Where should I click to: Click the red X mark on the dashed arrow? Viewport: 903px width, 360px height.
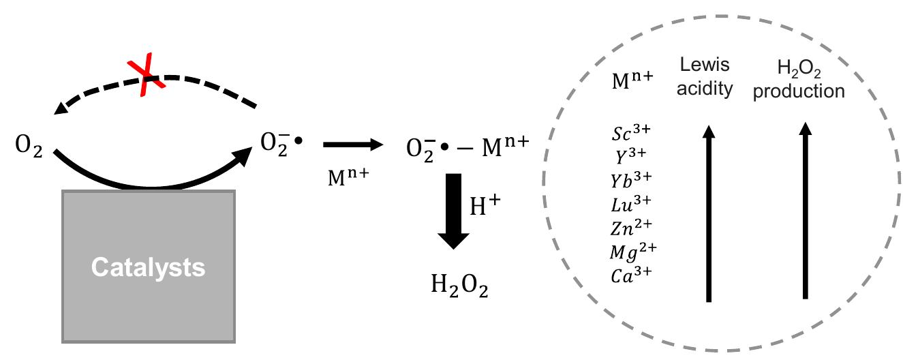(x=146, y=75)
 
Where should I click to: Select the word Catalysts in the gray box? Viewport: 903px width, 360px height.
(x=149, y=268)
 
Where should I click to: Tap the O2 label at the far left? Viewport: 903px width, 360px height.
(x=29, y=145)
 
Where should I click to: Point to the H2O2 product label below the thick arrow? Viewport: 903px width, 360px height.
(x=459, y=285)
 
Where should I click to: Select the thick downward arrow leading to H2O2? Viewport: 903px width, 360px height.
(x=453, y=211)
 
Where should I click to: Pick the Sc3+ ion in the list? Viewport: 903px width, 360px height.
(x=631, y=133)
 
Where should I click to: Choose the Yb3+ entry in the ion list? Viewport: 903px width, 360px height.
(x=631, y=180)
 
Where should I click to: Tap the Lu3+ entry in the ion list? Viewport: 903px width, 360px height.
(x=631, y=204)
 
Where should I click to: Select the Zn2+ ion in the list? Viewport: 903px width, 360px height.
(x=631, y=227)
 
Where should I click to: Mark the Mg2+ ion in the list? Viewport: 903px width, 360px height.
(x=633, y=252)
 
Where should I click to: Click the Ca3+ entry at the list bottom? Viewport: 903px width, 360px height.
(x=631, y=275)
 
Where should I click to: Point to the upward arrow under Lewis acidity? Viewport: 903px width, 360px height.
(x=709, y=213)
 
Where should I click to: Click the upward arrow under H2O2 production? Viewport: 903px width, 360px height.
(x=806, y=211)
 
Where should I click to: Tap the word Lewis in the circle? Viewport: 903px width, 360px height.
(x=705, y=65)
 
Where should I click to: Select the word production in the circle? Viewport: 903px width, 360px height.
(x=799, y=91)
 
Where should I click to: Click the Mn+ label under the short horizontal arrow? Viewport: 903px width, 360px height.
(x=348, y=177)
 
